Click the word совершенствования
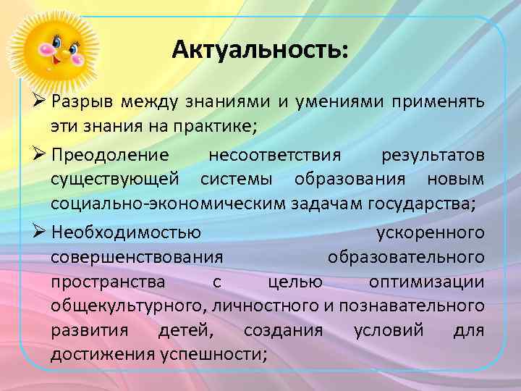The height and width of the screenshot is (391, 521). pyautogui.click(x=137, y=257)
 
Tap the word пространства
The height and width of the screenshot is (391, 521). pyautogui.click(x=107, y=282)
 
